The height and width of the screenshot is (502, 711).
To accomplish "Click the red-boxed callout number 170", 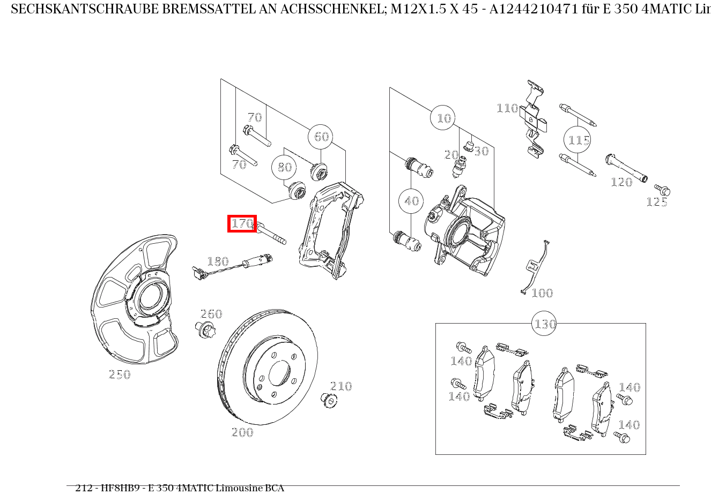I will (x=242, y=223).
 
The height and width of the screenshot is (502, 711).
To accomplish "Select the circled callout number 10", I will (x=443, y=118).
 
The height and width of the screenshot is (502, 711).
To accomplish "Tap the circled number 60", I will (x=321, y=137).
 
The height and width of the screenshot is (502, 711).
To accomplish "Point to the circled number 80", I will (x=284, y=168).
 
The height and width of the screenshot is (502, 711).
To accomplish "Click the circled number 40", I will (x=411, y=201).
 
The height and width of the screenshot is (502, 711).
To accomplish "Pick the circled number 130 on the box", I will (x=544, y=324).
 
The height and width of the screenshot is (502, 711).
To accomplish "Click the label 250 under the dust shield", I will (x=120, y=375).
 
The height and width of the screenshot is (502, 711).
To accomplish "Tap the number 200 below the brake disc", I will (x=242, y=432).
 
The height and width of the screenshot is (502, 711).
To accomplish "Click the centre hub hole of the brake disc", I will (x=279, y=372).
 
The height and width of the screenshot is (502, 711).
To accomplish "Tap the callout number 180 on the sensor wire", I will (x=218, y=261).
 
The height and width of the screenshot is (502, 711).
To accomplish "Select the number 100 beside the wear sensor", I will (x=542, y=293).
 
